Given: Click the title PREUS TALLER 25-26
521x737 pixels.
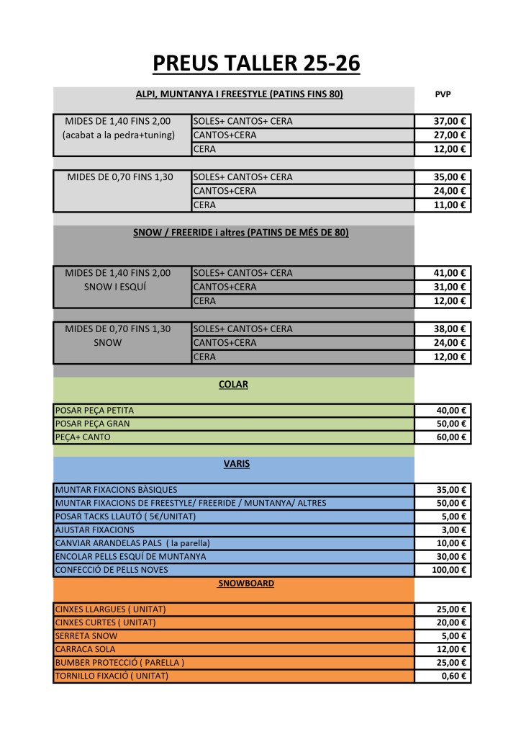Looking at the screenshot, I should (256, 63).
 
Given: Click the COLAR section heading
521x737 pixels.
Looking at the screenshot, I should (233, 385).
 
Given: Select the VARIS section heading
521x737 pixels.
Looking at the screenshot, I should (237, 465).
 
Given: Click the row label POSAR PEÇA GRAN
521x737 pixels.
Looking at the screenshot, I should (93, 424).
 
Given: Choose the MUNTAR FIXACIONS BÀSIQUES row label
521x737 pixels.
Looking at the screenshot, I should (116, 490).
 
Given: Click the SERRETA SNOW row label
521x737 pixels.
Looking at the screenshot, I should (86, 636).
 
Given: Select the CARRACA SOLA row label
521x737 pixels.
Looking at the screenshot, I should (85, 650).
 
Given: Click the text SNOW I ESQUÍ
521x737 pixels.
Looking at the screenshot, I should (118, 287).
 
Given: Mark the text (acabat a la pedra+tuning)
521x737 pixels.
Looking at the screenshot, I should (119, 135).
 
